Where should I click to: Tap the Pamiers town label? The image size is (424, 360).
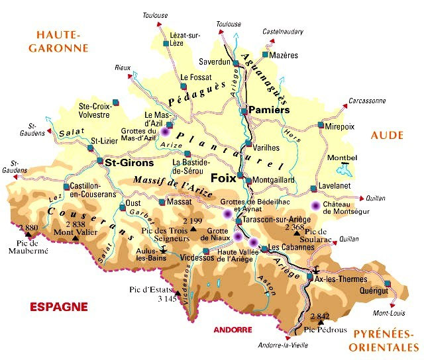click(x=270, y=110)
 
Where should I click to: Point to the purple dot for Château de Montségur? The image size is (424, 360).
click(x=315, y=206)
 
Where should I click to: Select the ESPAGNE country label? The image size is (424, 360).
click(x=59, y=306)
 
